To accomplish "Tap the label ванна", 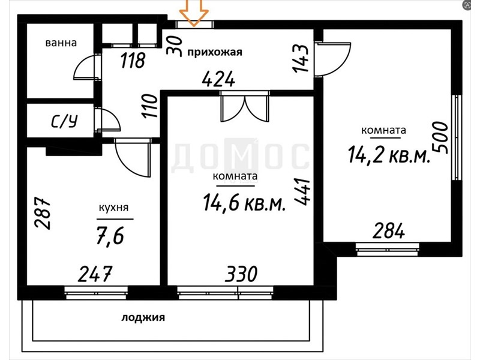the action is click(61, 43).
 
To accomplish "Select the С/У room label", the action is click(64, 121).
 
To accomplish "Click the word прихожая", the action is click(215, 52).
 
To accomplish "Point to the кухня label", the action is click(113, 208).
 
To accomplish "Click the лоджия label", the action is click(143, 318).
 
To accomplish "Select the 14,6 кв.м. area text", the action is click(245, 202).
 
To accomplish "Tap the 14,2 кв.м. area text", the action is click(389, 154).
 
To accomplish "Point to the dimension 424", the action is click(218, 79).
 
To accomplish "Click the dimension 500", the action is click(440, 137).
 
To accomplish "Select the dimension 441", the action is click(302, 192).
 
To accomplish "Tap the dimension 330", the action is click(241, 274).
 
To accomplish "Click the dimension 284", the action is click(388, 231).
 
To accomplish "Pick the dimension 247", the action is click(95, 274).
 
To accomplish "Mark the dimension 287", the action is click(42, 213).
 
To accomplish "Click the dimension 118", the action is click(133, 60).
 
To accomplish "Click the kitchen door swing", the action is click(133, 158).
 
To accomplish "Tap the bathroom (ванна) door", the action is click(88, 67).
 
